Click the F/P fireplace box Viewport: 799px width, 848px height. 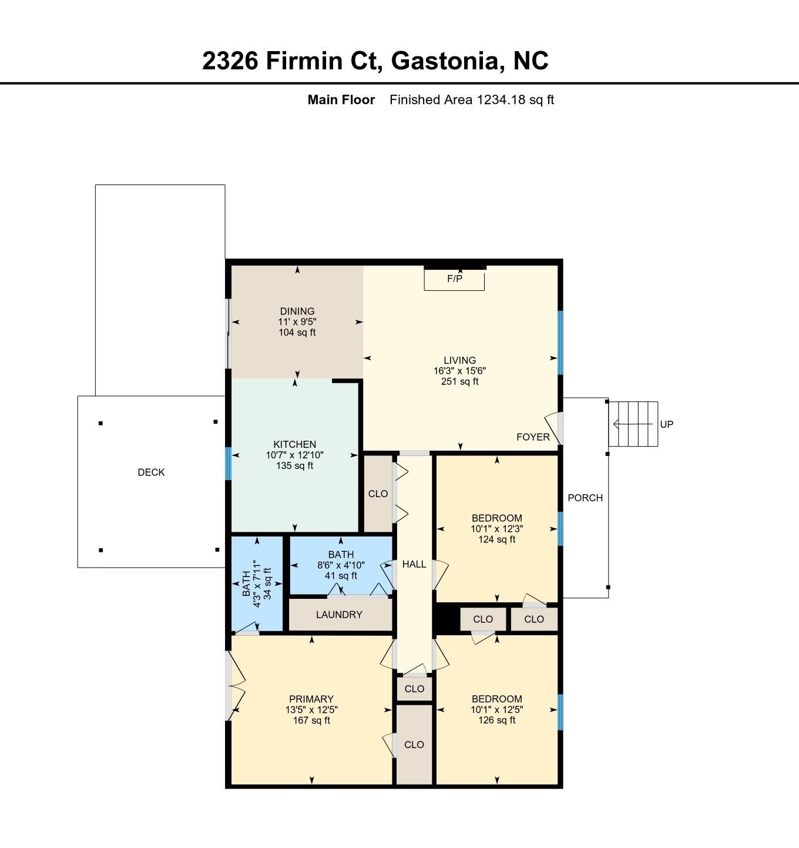454,279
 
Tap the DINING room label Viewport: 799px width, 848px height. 297,311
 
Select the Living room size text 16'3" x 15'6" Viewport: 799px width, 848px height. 459,371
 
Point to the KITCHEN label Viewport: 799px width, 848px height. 295,444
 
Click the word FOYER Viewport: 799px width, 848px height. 533,437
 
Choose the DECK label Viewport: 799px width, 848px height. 151,472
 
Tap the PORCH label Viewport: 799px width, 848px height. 585,498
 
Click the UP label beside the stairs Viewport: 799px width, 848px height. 667,424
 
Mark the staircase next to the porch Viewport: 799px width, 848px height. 633,424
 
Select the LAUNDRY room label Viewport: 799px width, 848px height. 339,615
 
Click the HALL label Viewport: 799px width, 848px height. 414,564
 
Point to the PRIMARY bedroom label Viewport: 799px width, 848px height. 311,699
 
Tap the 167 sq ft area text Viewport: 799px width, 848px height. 311,720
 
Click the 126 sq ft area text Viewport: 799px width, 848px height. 496,720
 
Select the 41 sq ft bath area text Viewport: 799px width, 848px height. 341,575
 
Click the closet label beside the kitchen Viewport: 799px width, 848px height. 378,494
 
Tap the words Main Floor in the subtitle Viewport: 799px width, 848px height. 341,100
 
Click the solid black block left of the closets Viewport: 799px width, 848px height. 446,619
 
